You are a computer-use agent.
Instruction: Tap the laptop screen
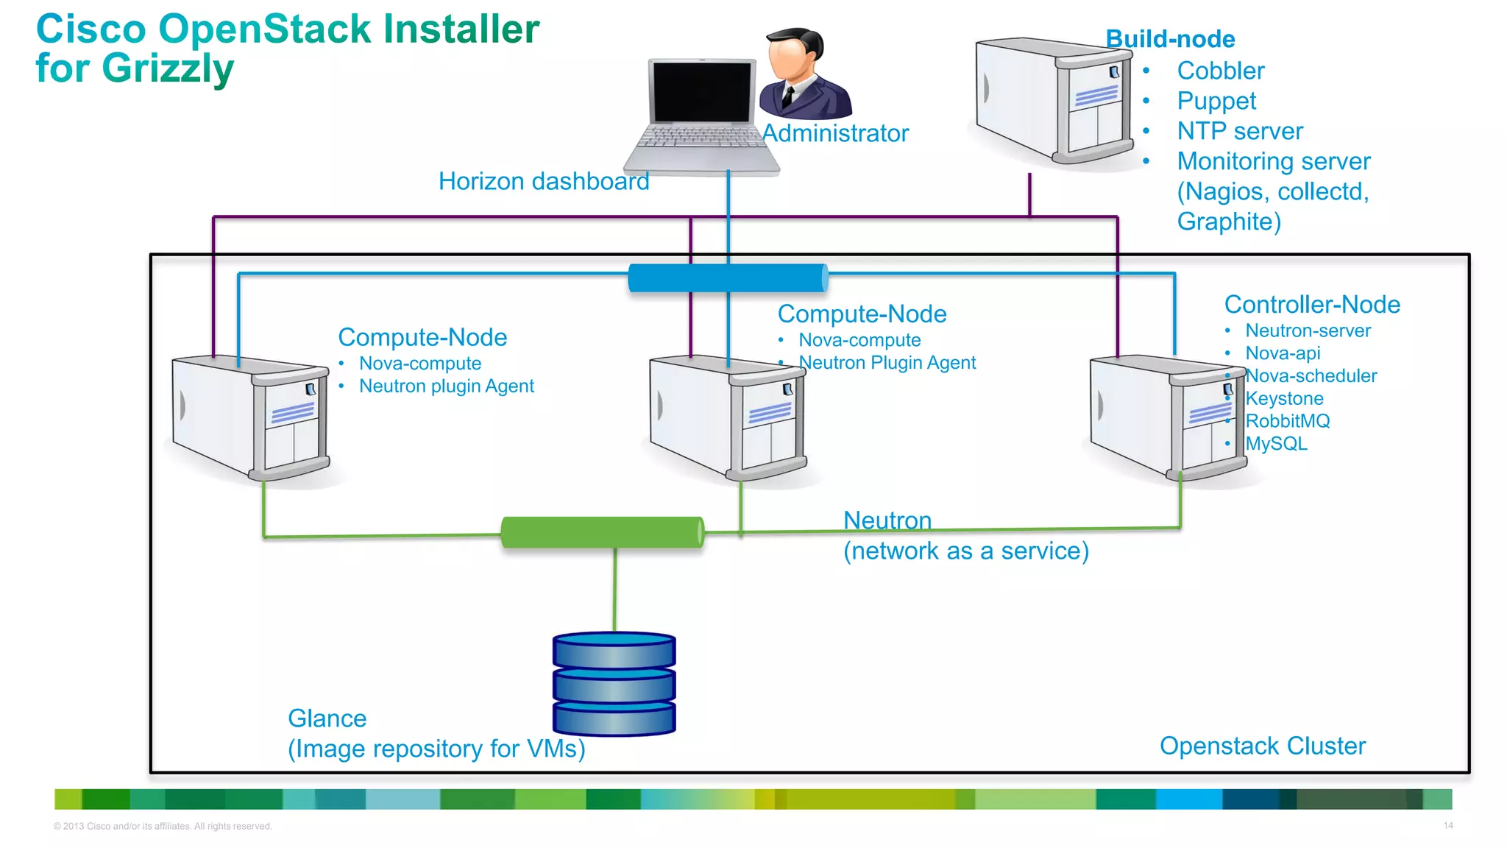702,92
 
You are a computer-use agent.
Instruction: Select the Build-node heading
1170,39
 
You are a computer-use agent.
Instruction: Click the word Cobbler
1220,71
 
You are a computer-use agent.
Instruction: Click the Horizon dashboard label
543,181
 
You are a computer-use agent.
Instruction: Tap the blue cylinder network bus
728,278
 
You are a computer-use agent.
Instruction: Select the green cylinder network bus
602,532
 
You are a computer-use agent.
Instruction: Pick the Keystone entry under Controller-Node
1284,398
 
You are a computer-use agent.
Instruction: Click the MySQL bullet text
1276,444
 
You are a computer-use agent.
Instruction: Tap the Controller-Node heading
1311,305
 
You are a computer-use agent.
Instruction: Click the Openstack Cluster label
1262,746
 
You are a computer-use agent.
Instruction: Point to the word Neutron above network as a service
887,520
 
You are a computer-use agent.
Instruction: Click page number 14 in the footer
1447,825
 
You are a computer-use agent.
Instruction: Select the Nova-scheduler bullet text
1311,376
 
